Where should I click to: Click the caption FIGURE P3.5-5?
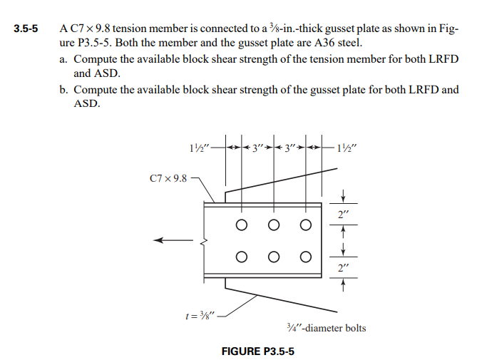[258, 351]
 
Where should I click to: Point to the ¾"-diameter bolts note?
[325, 328]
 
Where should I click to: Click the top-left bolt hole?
[242, 226]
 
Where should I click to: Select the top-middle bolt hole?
[275, 226]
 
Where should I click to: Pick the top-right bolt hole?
[306, 226]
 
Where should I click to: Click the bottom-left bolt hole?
[242, 257]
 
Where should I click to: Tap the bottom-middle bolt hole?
[275, 257]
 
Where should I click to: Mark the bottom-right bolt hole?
[306, 257]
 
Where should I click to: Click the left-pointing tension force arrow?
[171, 242]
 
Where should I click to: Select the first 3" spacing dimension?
[256, 149]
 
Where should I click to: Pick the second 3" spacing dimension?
[289, 149]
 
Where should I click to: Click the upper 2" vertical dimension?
[344, 212]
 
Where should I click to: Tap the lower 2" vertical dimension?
[344, 267]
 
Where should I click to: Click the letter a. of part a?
[64, 59]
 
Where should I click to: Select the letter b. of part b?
[64, 90]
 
